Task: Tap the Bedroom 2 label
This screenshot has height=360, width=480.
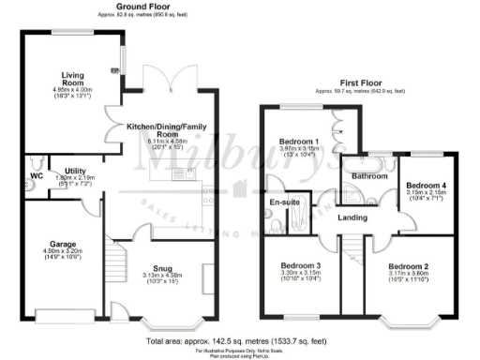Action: pyautogui.click(x=410, y=265)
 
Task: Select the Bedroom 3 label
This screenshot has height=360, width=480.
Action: pyautogui.click(x=301, y=265)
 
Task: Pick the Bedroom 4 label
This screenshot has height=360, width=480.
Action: pyautogui.click(x=424, y=186)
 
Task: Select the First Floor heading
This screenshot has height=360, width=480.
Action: pyautogui.click(x=360, y=84)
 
